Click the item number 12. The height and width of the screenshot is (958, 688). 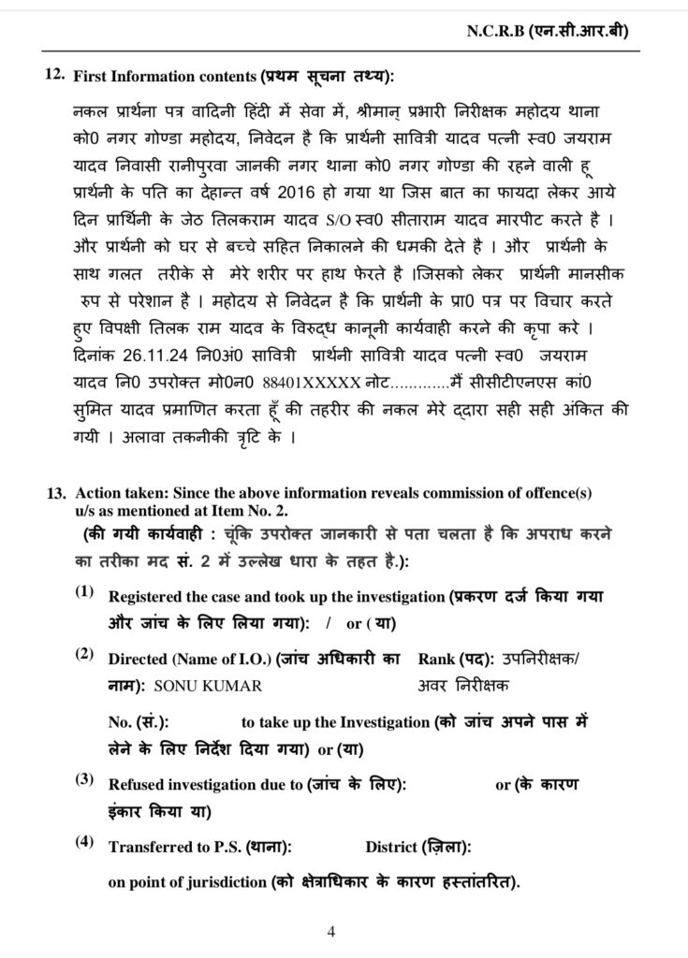(54, 76)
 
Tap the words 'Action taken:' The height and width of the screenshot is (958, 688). (115, 491)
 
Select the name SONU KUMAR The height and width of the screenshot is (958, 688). (206, 685)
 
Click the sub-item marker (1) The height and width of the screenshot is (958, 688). (86, 594)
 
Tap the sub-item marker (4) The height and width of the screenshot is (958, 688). (86, 844)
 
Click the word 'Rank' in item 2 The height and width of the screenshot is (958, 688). (438, 660)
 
